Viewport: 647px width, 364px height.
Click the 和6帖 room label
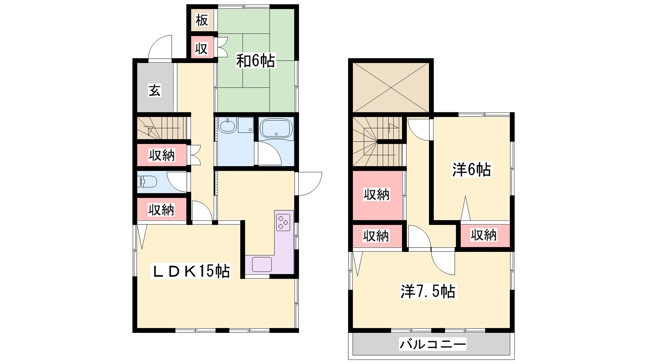pos(256,61)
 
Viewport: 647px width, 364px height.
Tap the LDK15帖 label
pos(190,271)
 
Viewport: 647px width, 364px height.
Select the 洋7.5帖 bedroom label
pos(428,291)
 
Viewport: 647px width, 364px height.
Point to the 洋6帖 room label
pos(472,169)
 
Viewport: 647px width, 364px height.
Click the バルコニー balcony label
pos(433,344)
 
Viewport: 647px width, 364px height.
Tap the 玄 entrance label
pos(154,91)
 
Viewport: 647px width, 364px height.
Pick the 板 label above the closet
pos(202,20)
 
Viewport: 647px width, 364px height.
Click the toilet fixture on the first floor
pos(147,182)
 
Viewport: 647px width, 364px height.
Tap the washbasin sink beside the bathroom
pos(228,125)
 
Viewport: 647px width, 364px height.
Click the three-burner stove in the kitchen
pos(283,222)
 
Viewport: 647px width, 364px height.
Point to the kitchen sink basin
pos(262,265)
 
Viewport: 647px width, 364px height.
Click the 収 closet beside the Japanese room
pos(202,48)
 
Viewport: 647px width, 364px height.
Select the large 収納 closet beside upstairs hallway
pos(377,195)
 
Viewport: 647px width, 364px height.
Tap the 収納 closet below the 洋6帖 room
pos(485,235)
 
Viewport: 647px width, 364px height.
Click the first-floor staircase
pos(162,128)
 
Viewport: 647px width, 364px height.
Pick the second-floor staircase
pos(378,142)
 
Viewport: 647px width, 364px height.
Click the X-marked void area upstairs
pos(391,87)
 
